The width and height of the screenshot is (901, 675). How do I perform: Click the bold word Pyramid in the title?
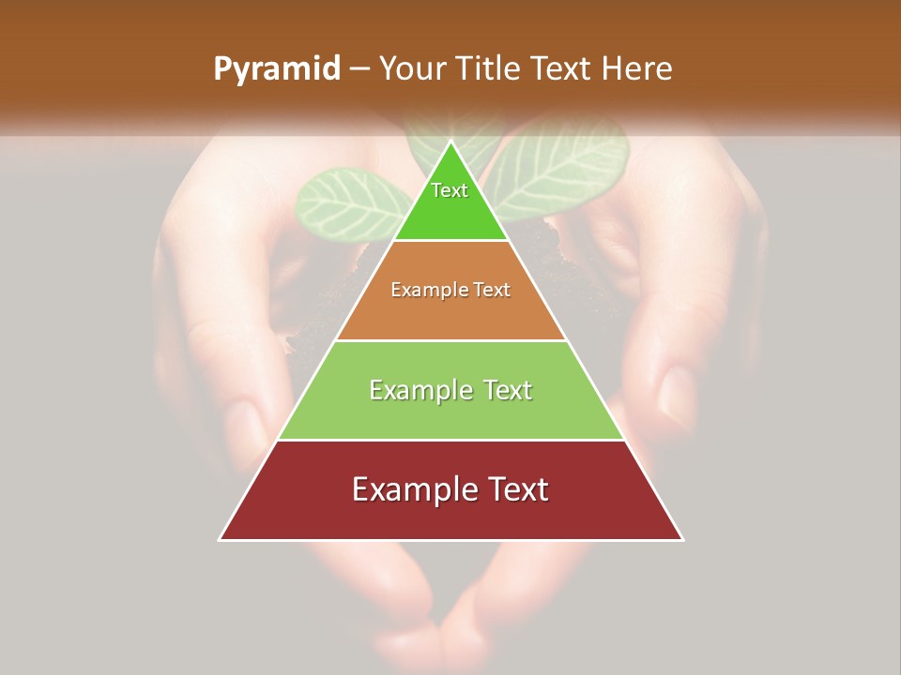pyautogui.click(x=277, y=69)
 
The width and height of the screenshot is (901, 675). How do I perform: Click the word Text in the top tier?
pyautogui.click(x=450, y=190)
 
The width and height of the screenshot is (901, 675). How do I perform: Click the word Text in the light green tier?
pyautogui.click(x=502, y=390)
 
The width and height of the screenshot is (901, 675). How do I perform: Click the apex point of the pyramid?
pyautogui.click(x=451, y=142)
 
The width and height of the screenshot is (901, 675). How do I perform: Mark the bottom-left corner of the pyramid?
pyautogui.click(x=220, y=539)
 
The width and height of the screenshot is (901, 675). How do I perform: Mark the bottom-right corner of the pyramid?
pyautogui.click(x=682, y=539)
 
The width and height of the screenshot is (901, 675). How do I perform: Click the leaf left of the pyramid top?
pyautogui.click(x=343, y=204)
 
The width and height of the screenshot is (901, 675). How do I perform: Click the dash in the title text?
pyautogui.click(x=359, y=69)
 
